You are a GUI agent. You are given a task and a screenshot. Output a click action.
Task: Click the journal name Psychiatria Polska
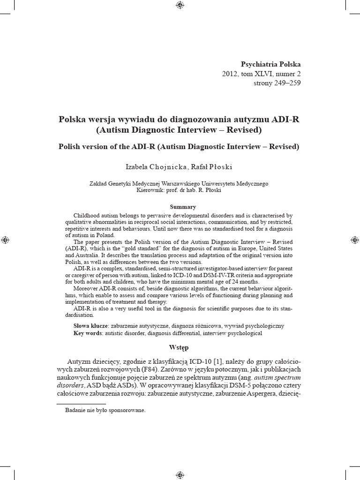(270, 64)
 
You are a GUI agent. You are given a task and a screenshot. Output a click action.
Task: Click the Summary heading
(183, 207)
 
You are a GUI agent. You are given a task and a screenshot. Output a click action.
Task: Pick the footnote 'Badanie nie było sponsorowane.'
(105, 410)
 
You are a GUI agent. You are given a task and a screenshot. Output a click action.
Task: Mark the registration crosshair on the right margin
(354, 240)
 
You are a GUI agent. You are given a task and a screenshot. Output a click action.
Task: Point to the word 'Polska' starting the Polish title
(72, 119)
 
